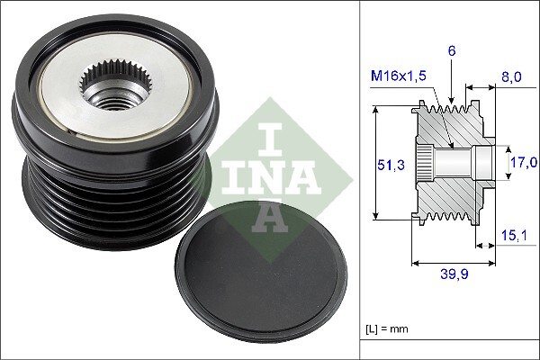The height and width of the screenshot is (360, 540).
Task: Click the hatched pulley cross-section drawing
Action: click(450, 163)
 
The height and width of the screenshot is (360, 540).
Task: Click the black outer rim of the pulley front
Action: click(54, 63)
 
